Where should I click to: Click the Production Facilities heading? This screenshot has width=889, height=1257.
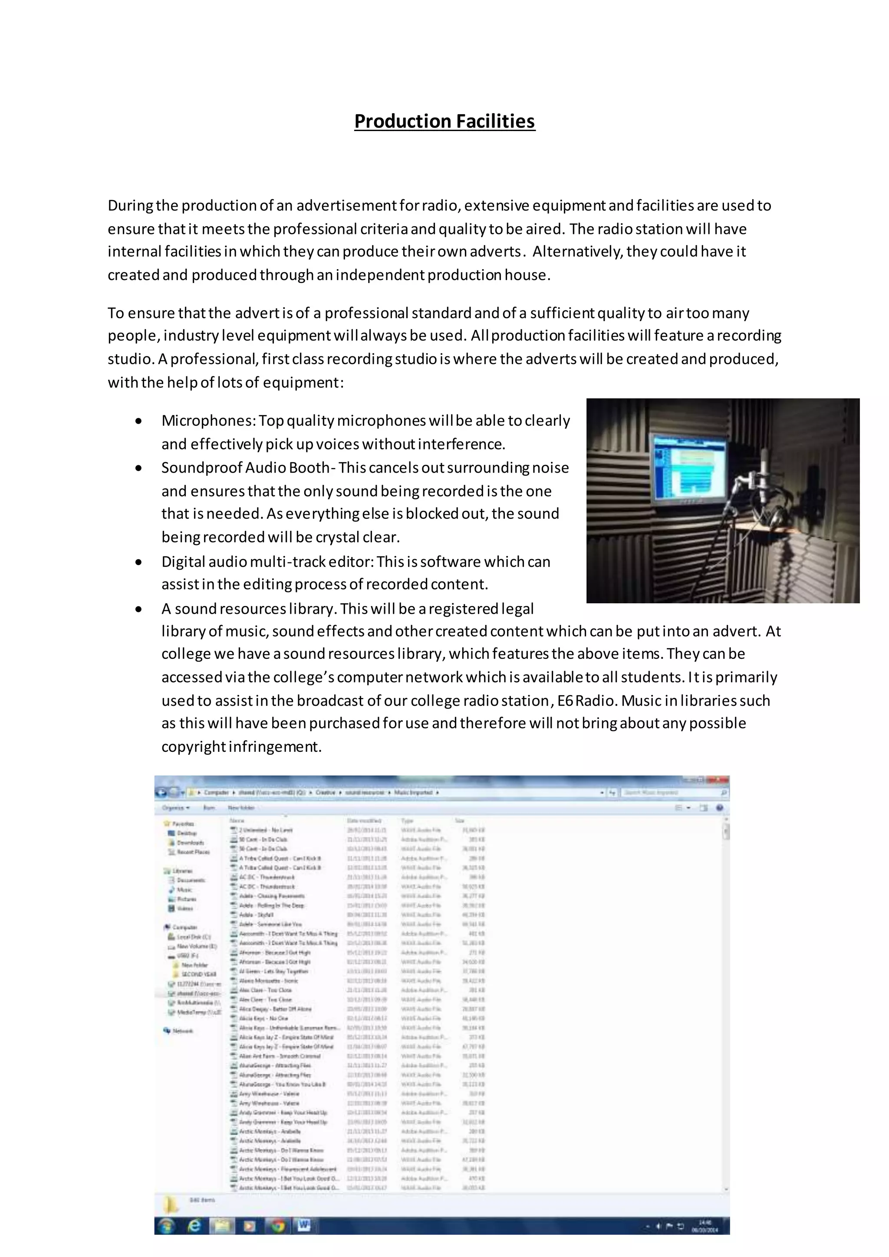(x=444, y=121)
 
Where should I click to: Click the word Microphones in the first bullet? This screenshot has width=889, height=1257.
(x=208, y=421)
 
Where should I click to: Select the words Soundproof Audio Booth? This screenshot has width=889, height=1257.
(x=245, y=467)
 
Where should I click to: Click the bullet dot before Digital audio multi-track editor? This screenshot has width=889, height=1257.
(x=140, y=562)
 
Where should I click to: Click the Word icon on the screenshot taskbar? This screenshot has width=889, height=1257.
(x=304, y=1226)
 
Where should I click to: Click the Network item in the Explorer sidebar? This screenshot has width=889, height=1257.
(x=182, y=1031)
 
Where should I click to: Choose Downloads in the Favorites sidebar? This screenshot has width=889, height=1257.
(x=189, y=842)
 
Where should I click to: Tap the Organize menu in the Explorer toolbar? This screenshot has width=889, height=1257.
(x=175, y=807)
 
